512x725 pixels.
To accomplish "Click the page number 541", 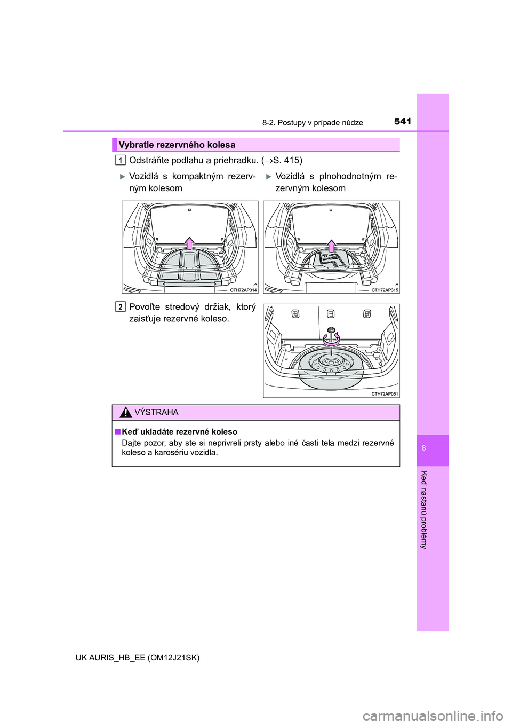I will (x=403, y=122).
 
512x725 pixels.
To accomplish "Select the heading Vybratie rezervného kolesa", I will (x=177, y=145).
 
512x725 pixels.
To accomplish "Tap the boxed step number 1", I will (x=121, y=160).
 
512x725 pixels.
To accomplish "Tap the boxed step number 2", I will (x=121, y=306).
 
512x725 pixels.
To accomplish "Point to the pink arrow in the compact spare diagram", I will (x=189, y=243).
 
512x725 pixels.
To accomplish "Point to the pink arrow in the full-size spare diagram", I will (x=331, y=246).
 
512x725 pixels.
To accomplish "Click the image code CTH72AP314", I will (x=243, y=290).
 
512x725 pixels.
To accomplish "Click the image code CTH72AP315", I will (x=385, y=290).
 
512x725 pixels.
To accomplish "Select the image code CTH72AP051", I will (x=385, y=394).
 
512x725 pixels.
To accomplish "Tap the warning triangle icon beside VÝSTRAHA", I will (x=125, y=412).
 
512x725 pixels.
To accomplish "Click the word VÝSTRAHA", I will (x=156, y=412).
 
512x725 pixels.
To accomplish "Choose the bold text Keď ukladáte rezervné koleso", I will (x=179, y=431).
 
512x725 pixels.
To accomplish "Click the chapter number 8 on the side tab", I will (x=424, y=448).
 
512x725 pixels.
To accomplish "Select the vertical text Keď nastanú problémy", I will (x=424, y=510).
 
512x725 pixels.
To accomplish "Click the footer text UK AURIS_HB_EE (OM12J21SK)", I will (x=138, y=657).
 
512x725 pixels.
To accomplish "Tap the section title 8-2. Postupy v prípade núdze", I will (x=313, y=122).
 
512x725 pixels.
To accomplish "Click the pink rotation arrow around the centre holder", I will (x=331, y=339).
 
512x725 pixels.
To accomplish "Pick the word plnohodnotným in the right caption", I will (x=350, y=176).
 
